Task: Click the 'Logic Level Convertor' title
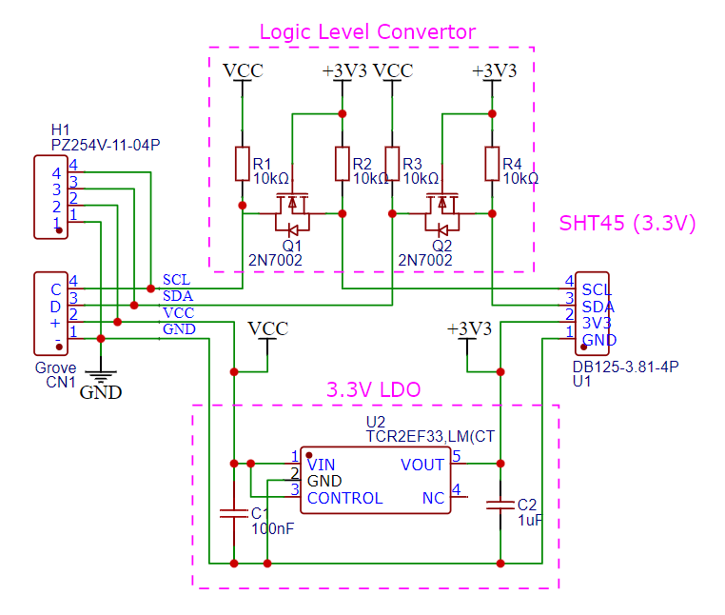click(367, 31)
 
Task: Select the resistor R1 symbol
click(242, 164)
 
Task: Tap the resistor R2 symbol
click(342, 164)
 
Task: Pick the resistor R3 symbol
click(391, 164)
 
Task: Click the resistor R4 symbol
click(491, 164)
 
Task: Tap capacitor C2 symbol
click(500, 505)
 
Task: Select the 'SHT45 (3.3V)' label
click(627, 225)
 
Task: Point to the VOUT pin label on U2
click(422, 465)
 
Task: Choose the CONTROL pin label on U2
click(344, 498)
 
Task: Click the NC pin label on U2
click(433, 498)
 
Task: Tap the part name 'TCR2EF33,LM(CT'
click(430, 436)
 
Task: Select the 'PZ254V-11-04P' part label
click(105, 145)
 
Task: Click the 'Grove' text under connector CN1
click(55, 367)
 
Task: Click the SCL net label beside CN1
click(176, 280)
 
